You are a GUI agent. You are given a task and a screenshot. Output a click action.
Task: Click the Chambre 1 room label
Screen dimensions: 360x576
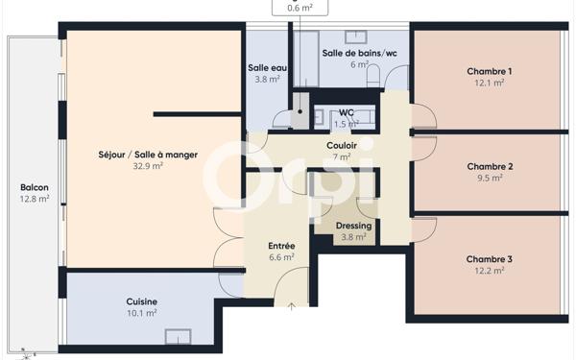coord(489,72)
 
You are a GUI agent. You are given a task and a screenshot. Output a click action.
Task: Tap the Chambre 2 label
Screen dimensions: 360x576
coord(489,166)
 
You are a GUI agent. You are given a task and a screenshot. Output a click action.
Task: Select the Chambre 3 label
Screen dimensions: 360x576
coord(489,259)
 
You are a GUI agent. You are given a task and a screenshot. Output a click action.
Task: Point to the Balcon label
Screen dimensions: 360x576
coord(35,188)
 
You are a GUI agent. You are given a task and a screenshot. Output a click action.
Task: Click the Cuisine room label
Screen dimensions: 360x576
coord(142,301)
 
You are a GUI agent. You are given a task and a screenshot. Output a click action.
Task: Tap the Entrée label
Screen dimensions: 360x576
coord(281,246)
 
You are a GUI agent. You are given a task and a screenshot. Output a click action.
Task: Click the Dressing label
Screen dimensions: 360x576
coord(353,227)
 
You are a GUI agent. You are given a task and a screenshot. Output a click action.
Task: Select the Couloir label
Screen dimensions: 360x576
coord(342,145)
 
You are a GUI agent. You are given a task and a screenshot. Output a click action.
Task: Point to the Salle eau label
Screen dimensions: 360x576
coord(267,68)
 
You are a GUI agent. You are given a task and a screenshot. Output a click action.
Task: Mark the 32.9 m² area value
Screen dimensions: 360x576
coord(148,166)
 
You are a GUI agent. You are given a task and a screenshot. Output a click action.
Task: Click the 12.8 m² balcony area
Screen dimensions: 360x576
coord(35,200)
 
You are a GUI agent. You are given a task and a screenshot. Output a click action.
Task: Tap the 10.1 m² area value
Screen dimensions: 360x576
coord(142,313)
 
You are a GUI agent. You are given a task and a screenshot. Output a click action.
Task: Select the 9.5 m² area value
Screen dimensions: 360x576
coord(489,178)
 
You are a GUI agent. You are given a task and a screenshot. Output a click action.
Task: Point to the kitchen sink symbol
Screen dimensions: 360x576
coord(177,335)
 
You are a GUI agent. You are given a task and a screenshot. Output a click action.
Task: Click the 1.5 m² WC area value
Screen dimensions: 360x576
coord(346,124)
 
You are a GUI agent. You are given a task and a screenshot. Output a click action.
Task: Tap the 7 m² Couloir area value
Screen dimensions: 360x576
coord(342,156)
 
